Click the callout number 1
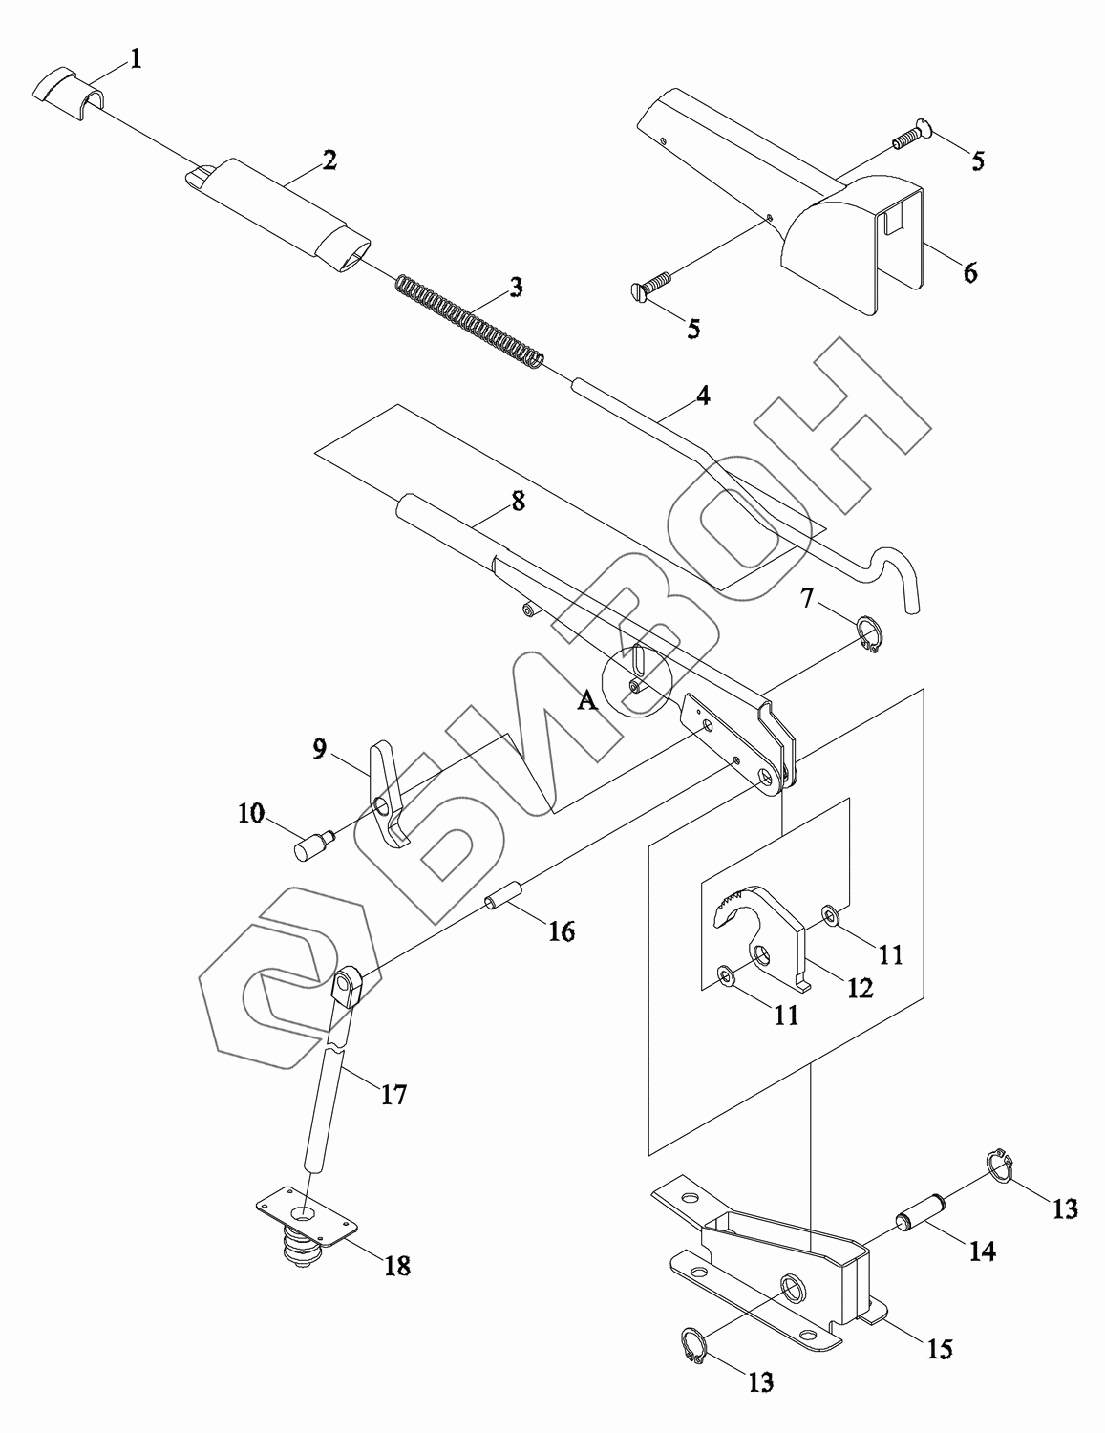136,59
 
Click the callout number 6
969,273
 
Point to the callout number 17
393,1094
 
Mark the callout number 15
940,1349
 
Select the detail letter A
587,701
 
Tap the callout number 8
518,501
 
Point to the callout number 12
860,988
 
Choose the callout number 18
397,1266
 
